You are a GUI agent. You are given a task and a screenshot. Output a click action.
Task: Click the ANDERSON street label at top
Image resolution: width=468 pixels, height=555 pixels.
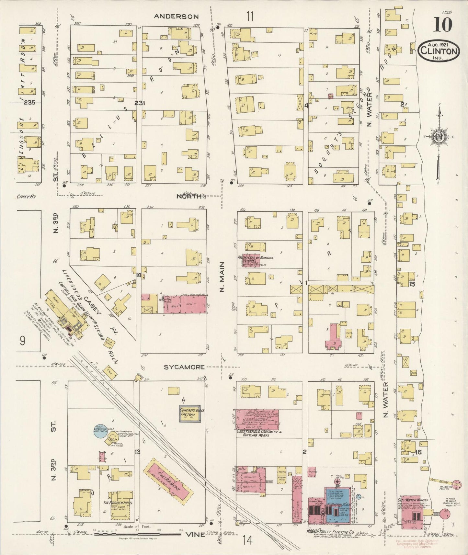[176, 16]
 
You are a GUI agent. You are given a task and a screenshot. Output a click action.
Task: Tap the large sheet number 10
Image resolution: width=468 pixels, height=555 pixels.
[442, 25]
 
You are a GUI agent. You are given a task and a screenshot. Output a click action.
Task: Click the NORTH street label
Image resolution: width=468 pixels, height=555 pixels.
[189, 196]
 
